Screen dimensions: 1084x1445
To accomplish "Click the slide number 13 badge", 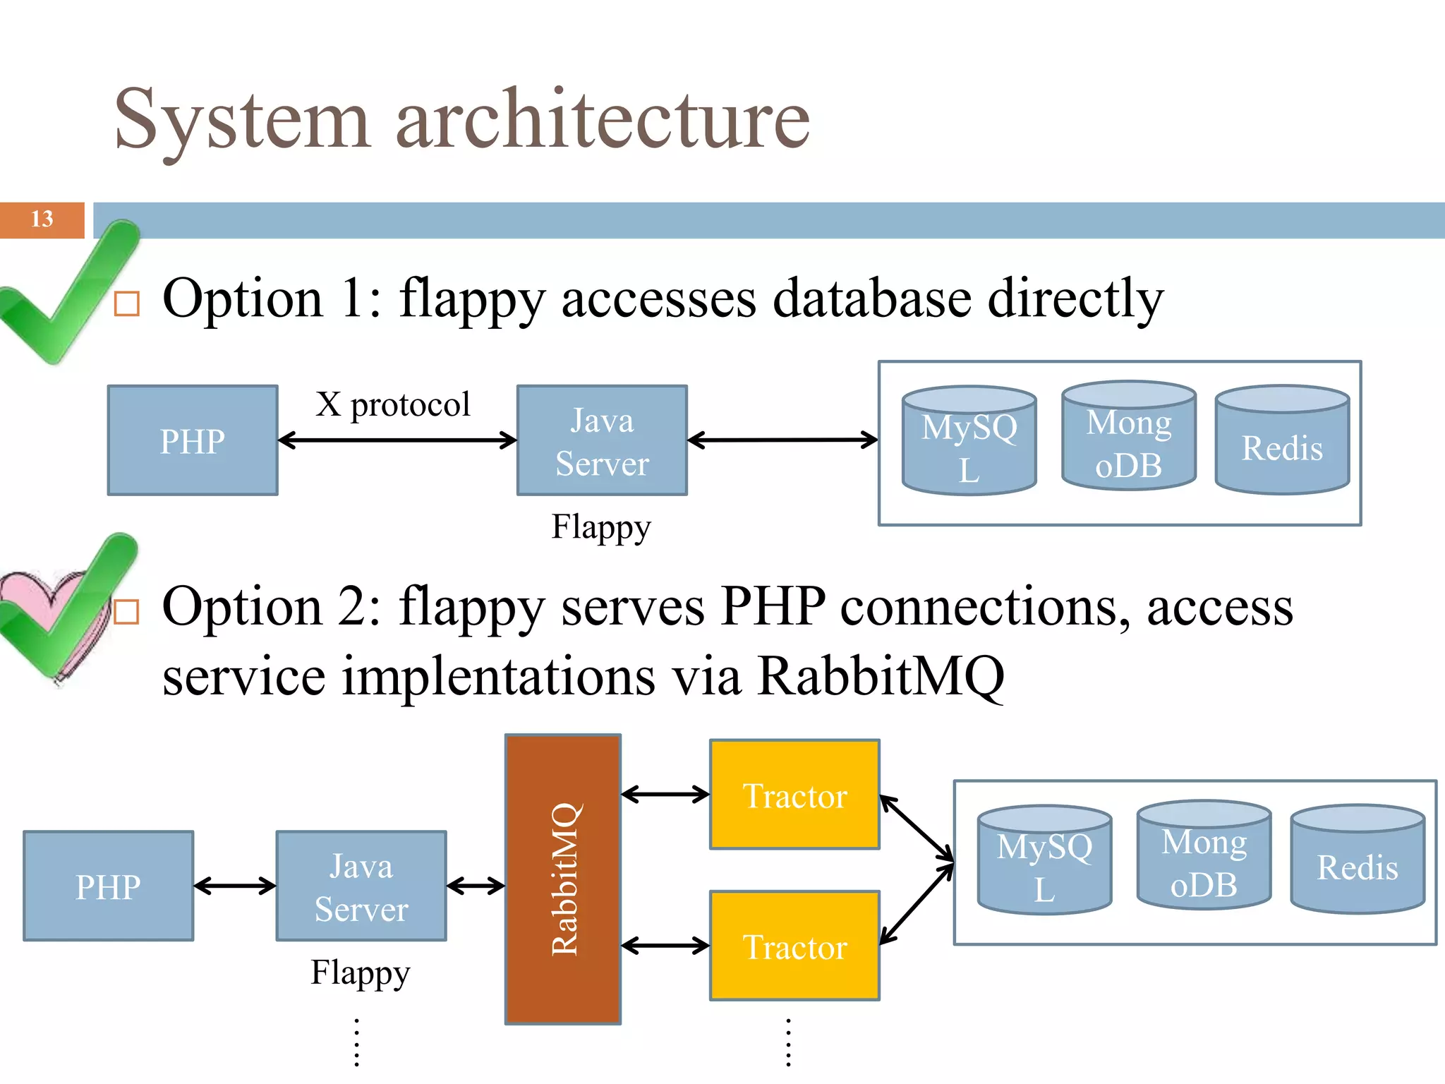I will (x=42, y=219).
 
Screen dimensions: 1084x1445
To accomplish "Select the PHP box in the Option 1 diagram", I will (x=192, y=440).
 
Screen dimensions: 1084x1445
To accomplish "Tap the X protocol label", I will (x=392, y=405).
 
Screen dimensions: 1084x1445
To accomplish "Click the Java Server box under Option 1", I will (x=602, y=440).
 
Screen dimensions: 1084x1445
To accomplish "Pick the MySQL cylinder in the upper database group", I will (x=969, y=442).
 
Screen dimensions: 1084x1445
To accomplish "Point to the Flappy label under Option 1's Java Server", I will (x=600, y=527).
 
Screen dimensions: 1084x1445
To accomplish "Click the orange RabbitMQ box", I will (x=563, y=879).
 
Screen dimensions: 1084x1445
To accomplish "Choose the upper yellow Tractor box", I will (x=794, y=795).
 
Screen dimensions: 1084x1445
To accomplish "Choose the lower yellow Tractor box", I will (x=794, y=946).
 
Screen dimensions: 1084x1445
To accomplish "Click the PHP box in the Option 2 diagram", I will (x=108, y=886).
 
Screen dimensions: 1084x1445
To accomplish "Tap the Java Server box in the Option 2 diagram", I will (x=361, y=886).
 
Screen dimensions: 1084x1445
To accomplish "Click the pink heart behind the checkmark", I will (x=28, y=593).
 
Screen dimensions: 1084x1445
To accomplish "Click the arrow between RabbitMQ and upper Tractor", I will (x=665, y=795).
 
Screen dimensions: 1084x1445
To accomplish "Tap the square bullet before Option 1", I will (x=127, y=303).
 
